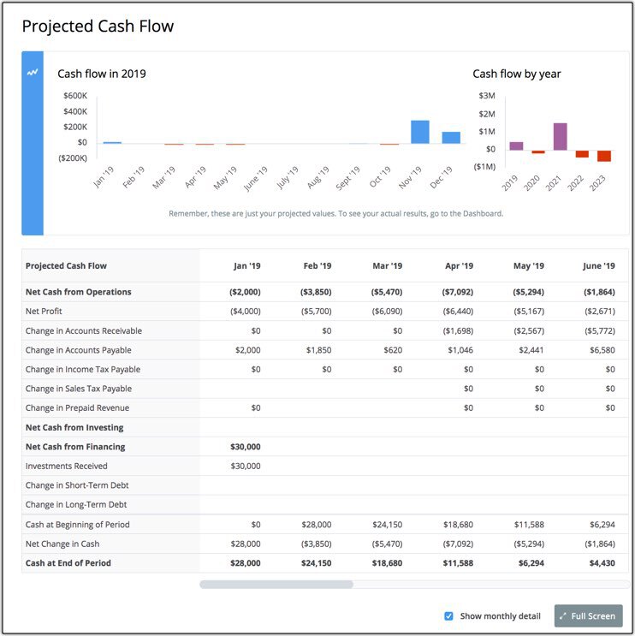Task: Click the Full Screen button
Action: coord(588,615)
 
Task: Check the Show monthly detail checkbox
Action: coord(448,615)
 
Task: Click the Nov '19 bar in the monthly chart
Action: coord(419,132)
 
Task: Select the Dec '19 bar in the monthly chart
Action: coord(451,137)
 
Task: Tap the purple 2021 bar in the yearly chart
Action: coord(560,136)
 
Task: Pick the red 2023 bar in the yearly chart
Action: coord(604,156)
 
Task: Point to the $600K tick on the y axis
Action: coord(74,96)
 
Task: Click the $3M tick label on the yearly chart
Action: coord(487,96)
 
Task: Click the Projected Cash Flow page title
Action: coord(98,27)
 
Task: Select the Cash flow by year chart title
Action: coord(517,74)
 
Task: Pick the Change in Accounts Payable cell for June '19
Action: coord(599,350)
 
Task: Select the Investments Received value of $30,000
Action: coord(246,467)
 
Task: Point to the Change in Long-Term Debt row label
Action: coord(76,505)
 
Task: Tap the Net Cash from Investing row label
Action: coord(74,427)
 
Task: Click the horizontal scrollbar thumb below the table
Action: coord(276,585)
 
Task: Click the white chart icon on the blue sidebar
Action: coord(33,73)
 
